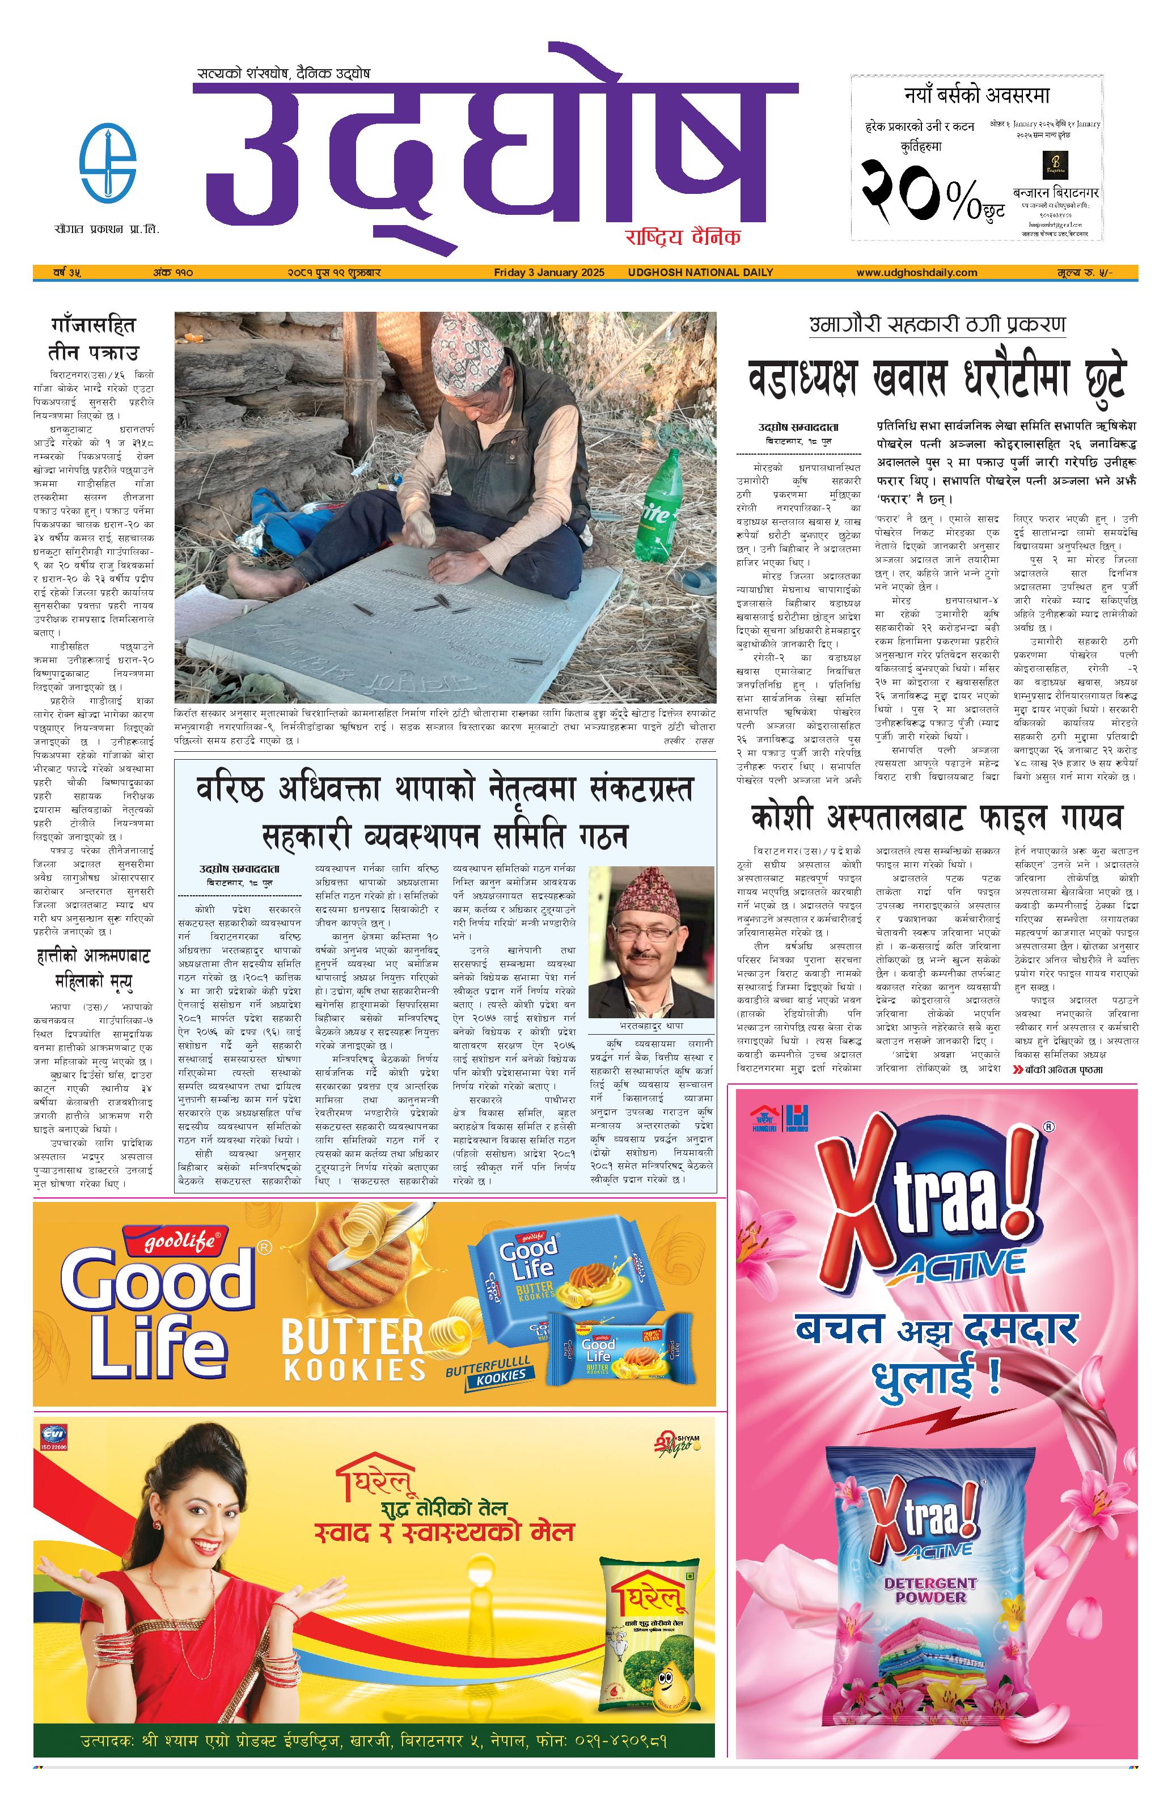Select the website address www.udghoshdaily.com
pyautogui.click(x=916, y=272)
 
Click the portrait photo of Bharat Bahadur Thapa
pyautogui.click(x=651, y=941)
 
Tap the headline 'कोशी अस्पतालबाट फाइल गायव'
pyautogui.click(x=937, y=818)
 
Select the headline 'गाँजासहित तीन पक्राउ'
pyautogui.click(x=94, y=339)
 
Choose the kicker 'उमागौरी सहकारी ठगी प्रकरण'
pyautogui.click(x=937, y=324)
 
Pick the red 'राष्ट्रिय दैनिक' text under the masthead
pyautogui.click(x=682, y=236)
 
